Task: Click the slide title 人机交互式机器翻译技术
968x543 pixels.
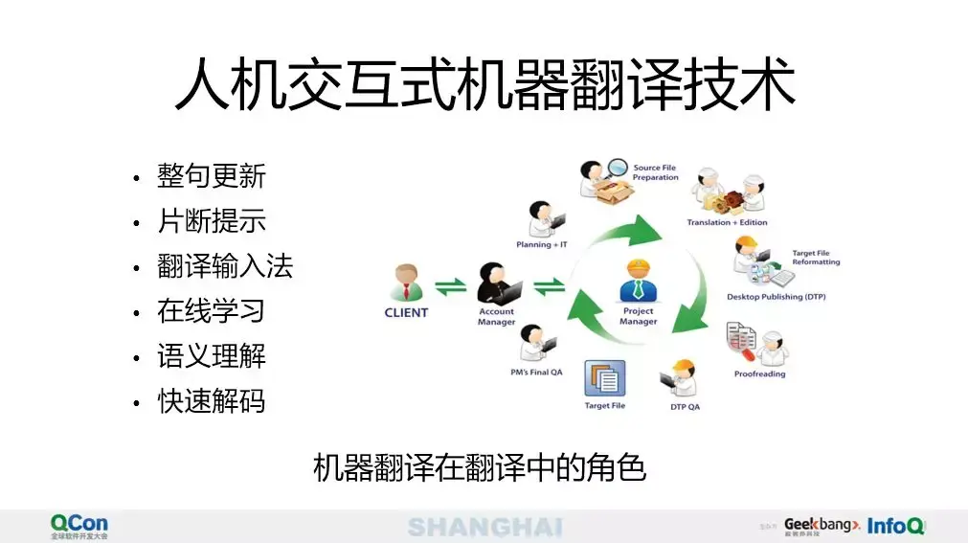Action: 484,86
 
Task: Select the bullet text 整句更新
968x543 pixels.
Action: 212,176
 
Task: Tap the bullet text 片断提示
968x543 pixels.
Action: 212,221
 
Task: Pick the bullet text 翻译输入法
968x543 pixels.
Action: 225,266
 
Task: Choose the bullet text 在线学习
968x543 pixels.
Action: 212,311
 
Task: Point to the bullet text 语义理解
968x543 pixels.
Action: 212,356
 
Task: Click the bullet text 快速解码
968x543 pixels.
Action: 212,401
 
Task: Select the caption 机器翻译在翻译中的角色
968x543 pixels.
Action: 480,468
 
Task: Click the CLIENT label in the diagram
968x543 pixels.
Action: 406,312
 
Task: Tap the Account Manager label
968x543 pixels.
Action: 496,316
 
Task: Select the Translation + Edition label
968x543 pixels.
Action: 727,222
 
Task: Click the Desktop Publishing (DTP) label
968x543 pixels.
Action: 776,297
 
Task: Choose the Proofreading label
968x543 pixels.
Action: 759,373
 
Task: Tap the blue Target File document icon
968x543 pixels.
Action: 604,379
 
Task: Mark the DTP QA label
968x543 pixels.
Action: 685,406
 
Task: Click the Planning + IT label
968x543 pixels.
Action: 541,244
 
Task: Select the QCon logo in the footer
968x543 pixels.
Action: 79,525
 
